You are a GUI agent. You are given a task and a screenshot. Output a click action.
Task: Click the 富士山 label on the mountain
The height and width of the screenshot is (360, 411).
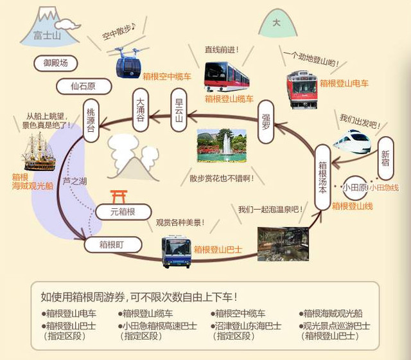(47, 35)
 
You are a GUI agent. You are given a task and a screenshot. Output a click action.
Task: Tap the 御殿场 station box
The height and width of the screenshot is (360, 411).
(56, 63)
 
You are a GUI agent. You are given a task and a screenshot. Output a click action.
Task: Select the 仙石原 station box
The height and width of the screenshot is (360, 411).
(84, 86)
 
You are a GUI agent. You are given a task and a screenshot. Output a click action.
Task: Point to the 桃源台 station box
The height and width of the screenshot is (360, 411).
(91, 121)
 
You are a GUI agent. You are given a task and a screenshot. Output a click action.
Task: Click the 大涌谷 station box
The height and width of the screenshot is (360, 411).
(141, 110)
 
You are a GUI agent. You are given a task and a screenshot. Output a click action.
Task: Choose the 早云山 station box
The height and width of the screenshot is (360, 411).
(179, 110)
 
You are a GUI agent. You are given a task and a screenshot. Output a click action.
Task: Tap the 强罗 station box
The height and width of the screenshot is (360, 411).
(266, 122)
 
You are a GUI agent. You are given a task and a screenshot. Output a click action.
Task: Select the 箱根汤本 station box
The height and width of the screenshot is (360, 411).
(322, 177)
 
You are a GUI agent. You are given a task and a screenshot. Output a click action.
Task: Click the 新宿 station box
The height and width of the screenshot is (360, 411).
(385, 158)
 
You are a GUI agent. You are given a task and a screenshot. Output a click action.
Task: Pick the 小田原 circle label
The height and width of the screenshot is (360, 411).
(355, 188)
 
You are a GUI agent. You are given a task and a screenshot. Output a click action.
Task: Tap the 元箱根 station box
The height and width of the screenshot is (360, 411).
(123, 212)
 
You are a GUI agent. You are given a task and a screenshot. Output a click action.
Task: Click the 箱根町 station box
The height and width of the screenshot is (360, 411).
(113, 245)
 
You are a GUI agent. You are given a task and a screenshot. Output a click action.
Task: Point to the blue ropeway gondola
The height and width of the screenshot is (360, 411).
(128, 63)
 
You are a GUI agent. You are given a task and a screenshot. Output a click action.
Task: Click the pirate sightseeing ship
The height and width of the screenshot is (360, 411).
(39, 152)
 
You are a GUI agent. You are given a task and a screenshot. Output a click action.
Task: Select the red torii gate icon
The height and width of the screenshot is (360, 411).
(119, 197)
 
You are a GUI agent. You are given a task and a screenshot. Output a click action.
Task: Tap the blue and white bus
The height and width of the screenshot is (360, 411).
(176, 251)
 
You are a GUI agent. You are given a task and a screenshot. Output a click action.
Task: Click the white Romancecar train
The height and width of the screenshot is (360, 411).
(353, 141)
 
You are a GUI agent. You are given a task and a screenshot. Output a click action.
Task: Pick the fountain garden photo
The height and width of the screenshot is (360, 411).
(222, 145)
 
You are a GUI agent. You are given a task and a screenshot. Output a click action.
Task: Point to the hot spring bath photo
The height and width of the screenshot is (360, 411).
(283, 244)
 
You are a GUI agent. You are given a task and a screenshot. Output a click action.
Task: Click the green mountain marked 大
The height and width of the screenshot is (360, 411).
(277, 24)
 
